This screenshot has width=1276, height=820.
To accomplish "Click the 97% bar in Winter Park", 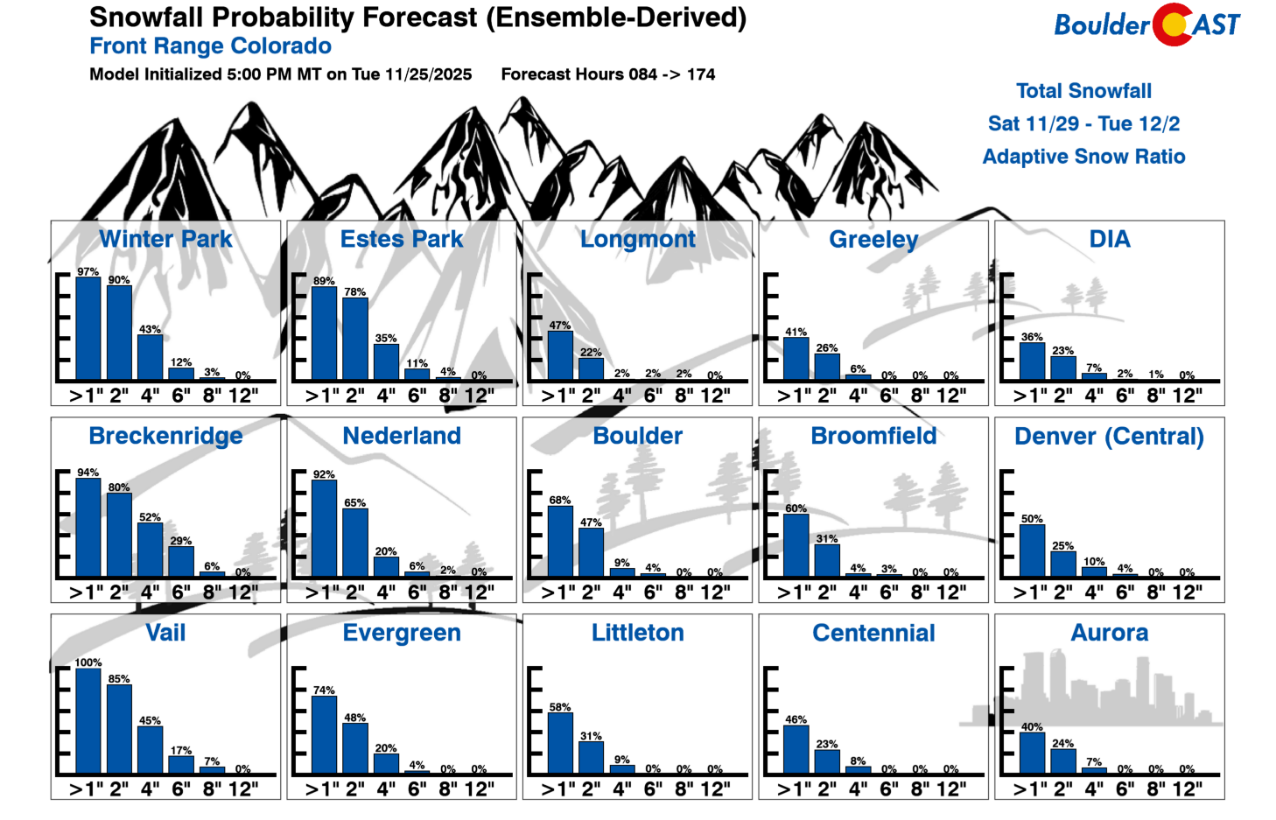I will [88, 328].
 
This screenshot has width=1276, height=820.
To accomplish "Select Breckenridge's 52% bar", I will [151, 550].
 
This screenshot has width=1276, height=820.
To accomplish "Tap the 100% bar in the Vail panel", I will [88, 721].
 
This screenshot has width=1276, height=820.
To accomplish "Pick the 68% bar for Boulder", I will [560, 542].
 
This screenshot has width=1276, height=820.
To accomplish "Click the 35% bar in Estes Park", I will [386, 361].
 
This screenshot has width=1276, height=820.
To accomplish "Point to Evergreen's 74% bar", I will [324, 735].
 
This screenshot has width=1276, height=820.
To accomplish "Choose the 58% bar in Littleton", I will [560, 743].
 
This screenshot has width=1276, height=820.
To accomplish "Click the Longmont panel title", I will [637, 239].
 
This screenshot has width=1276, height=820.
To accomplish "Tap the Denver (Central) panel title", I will [1109, 436].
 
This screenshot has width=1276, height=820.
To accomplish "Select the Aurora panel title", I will [1109, 633].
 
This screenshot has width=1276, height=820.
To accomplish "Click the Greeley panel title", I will [873, 239].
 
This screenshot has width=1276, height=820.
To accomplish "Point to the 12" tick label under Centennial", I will [951, 789].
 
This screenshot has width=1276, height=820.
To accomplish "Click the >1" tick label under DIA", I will [1029, 396].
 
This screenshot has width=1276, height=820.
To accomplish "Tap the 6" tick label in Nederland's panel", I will [417, 592].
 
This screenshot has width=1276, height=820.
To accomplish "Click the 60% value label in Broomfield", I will [796, 508].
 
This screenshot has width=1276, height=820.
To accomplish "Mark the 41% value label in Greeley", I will [796, 333].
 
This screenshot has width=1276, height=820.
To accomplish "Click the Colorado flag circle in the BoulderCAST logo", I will [1173, 25].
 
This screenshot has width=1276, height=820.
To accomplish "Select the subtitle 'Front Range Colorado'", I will [210, 46].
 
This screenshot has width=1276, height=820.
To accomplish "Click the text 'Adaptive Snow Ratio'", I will [1083, 157].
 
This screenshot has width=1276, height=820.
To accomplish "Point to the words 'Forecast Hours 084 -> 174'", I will [607, 74].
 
